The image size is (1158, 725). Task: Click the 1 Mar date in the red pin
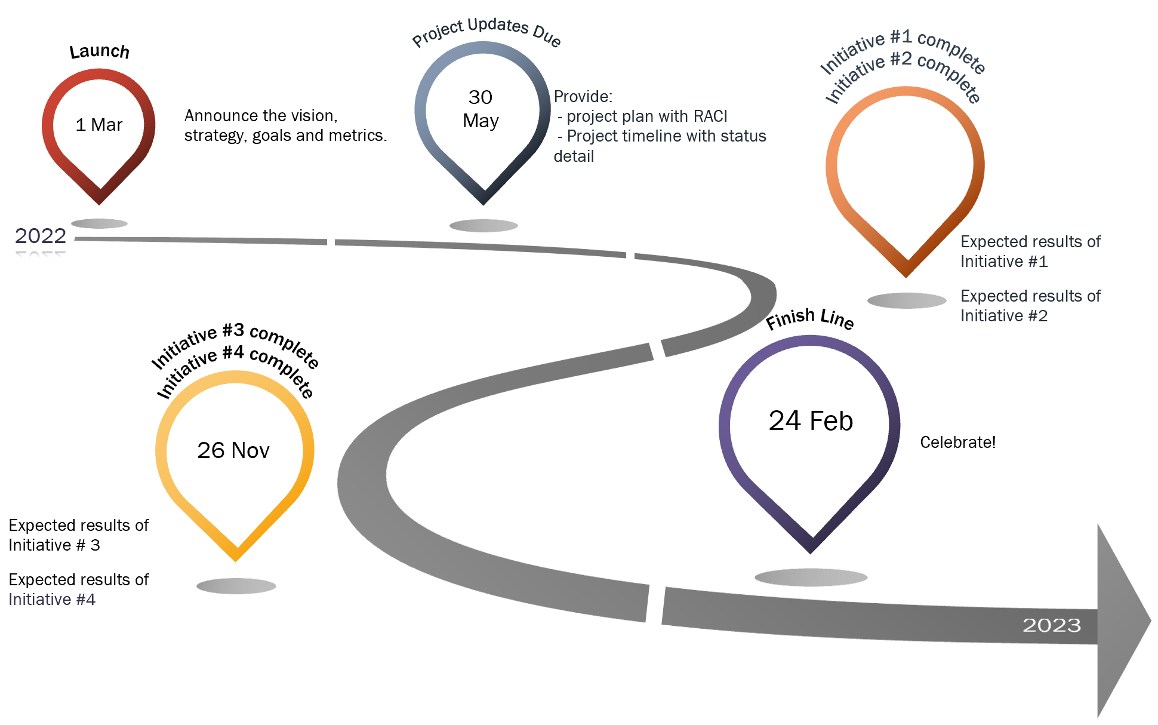point(99,125)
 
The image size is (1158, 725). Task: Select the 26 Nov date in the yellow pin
point(233,450)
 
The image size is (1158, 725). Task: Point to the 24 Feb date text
point(811,421)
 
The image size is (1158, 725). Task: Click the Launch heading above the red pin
point(99,51)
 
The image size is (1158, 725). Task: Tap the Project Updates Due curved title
point(486,30)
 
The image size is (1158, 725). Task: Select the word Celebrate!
point(957,443)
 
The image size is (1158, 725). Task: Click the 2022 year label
point(41,236)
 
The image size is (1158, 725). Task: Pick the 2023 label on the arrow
point(1052,625)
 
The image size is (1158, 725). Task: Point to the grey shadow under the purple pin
point(811,577)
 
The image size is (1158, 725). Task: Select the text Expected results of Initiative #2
point(1030,306)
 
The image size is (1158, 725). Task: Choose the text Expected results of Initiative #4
point(78,589)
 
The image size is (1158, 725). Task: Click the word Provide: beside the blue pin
point(583,97)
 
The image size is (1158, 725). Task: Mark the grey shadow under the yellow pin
point(236,586)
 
